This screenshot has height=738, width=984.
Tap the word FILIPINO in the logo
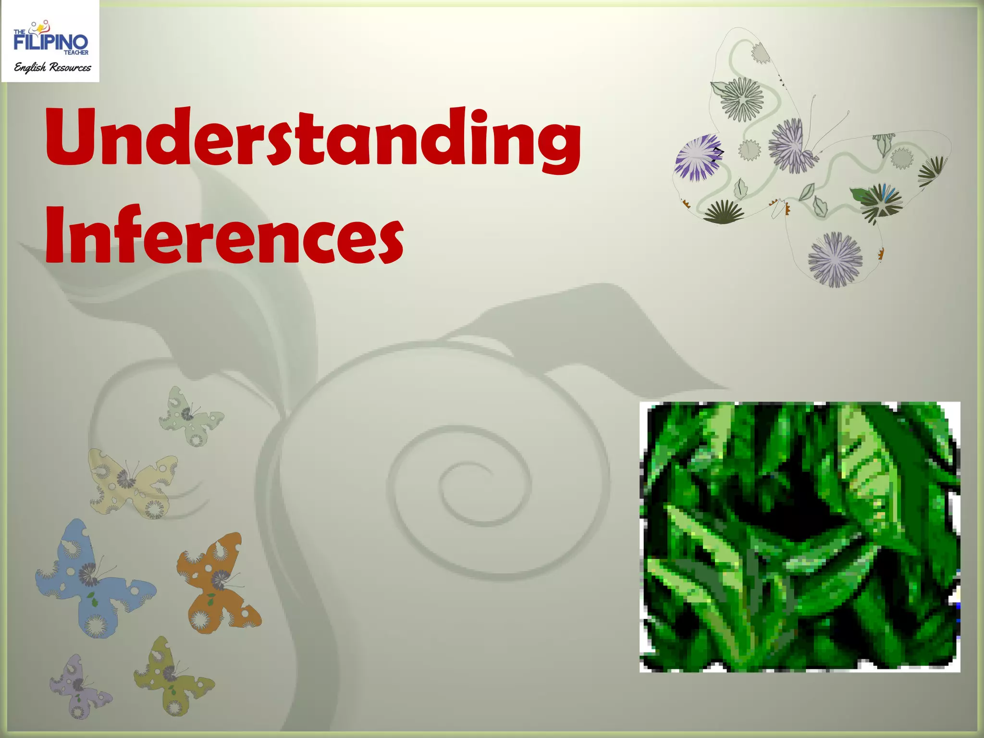[x=50, y=42]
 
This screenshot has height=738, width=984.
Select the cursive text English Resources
[x=52, y=67]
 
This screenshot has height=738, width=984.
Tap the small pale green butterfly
[x=190, y=416]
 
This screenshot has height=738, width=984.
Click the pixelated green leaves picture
[x=800, y=536]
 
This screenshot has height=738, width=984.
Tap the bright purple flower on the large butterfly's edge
[x=698, y=157]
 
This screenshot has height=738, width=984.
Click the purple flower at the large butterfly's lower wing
[x=835, y=259]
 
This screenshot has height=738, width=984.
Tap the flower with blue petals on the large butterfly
[x=882, y=202]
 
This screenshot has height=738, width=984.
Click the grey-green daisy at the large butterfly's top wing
[x=742, y=98]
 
